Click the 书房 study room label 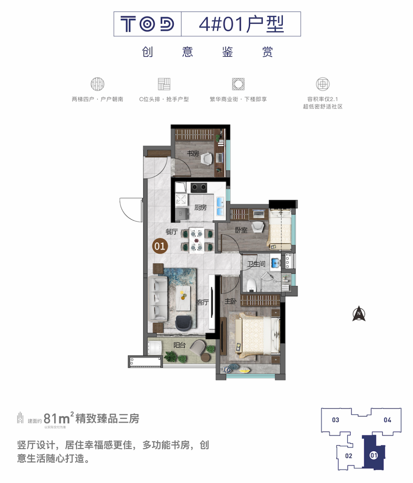click(193, 153)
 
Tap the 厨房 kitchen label click(200, 207)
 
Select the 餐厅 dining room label click(172, 232)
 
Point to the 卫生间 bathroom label click(256, 264)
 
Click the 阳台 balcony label click(179, 345)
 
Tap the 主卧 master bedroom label click(231, 301)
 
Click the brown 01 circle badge click(160, 246)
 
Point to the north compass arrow click(359, 313)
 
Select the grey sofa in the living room click(158, 299)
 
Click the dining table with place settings click(197, 240)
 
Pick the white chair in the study click(206, 158)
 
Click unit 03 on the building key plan click(335, 420)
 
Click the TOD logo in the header click(147, 24)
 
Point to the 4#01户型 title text click(241, 24)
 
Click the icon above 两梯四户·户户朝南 click(98, 84)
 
